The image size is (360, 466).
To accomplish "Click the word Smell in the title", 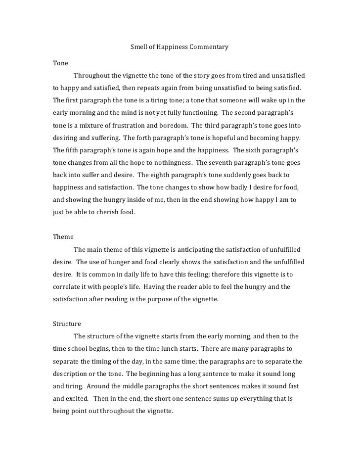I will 138,48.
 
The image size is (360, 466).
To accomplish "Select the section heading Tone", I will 60,63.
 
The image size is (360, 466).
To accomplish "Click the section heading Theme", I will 63,236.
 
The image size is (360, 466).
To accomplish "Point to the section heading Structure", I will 67,324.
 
